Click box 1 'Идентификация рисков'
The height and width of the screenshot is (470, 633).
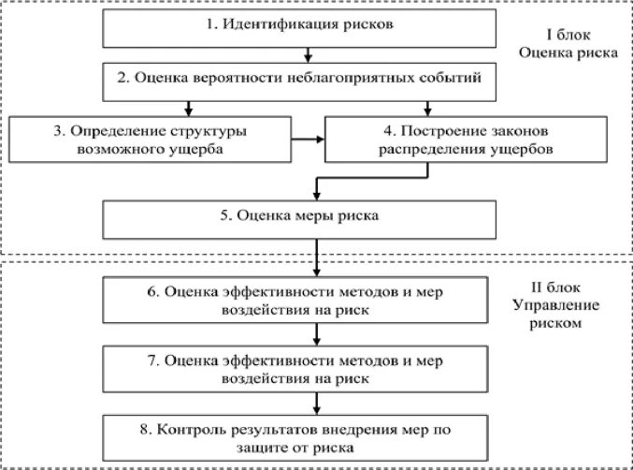(x=308, y=25)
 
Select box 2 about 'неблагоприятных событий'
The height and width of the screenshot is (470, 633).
(x=308, y=80)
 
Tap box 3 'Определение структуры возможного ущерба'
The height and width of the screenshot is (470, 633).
(x=150, y=138)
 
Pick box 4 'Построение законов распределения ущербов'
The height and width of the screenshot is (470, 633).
(x=430, y=138)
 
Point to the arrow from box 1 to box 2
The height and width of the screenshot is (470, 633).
(x=307, y=54)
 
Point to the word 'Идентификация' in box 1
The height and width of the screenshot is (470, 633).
(x=267, y=25)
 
